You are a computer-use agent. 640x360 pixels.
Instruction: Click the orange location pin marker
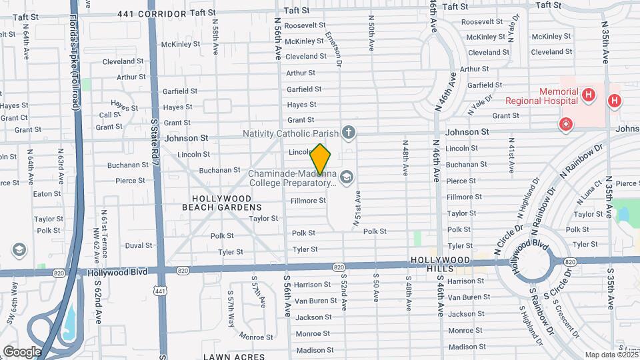(x=321, y=159)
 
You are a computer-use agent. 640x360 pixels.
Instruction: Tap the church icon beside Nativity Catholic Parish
(x=348, y=133)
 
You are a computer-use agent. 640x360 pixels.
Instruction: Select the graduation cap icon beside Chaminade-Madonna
(x=345, y=177)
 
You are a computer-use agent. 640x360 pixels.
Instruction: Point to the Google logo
(x=21, y=351)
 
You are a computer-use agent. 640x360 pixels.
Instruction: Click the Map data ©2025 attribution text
(x=611, y=355)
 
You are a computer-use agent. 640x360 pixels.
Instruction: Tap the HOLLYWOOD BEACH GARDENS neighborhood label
(x=217, y=203)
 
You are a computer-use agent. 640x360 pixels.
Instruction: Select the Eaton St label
(x=47, y=194)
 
